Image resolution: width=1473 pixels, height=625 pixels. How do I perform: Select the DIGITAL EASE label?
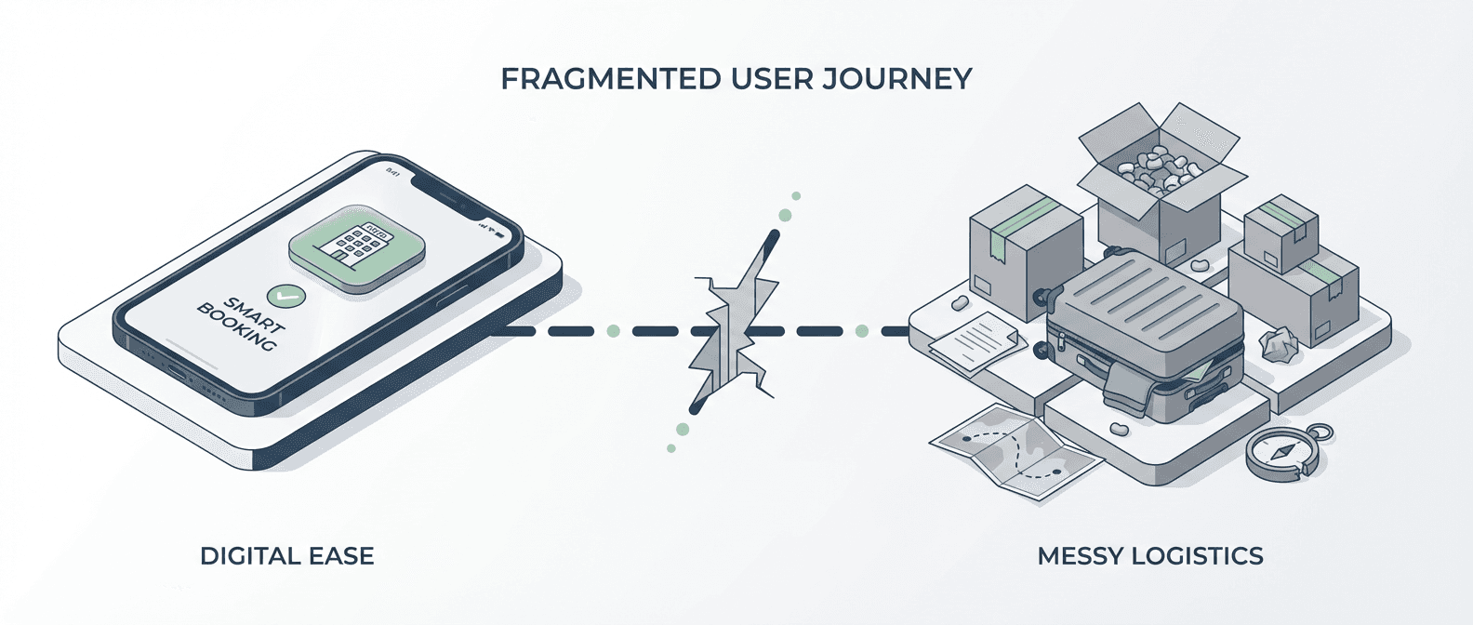(x=287, y=556)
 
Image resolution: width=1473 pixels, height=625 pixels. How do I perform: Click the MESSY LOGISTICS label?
(x=1150, y=556)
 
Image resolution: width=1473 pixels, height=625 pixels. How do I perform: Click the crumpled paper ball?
(x=1279, y=344)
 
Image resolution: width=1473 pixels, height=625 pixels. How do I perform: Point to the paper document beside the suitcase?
(x=976, y=339)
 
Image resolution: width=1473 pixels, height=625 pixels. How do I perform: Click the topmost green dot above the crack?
(x=795, y=196)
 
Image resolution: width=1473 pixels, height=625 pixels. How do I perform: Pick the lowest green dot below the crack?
(x=670, y=448)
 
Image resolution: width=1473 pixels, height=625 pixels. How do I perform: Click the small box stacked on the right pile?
(x=1281, y=233)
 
